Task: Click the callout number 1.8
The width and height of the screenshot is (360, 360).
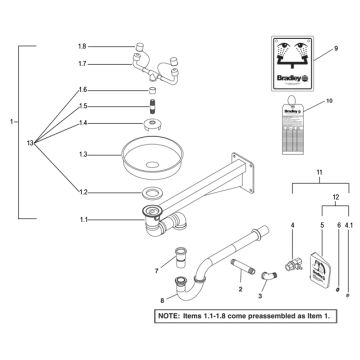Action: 83,47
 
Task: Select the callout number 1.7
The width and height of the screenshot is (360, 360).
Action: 83,63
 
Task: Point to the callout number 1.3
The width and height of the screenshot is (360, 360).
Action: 83,154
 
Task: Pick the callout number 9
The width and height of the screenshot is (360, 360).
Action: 336,47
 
